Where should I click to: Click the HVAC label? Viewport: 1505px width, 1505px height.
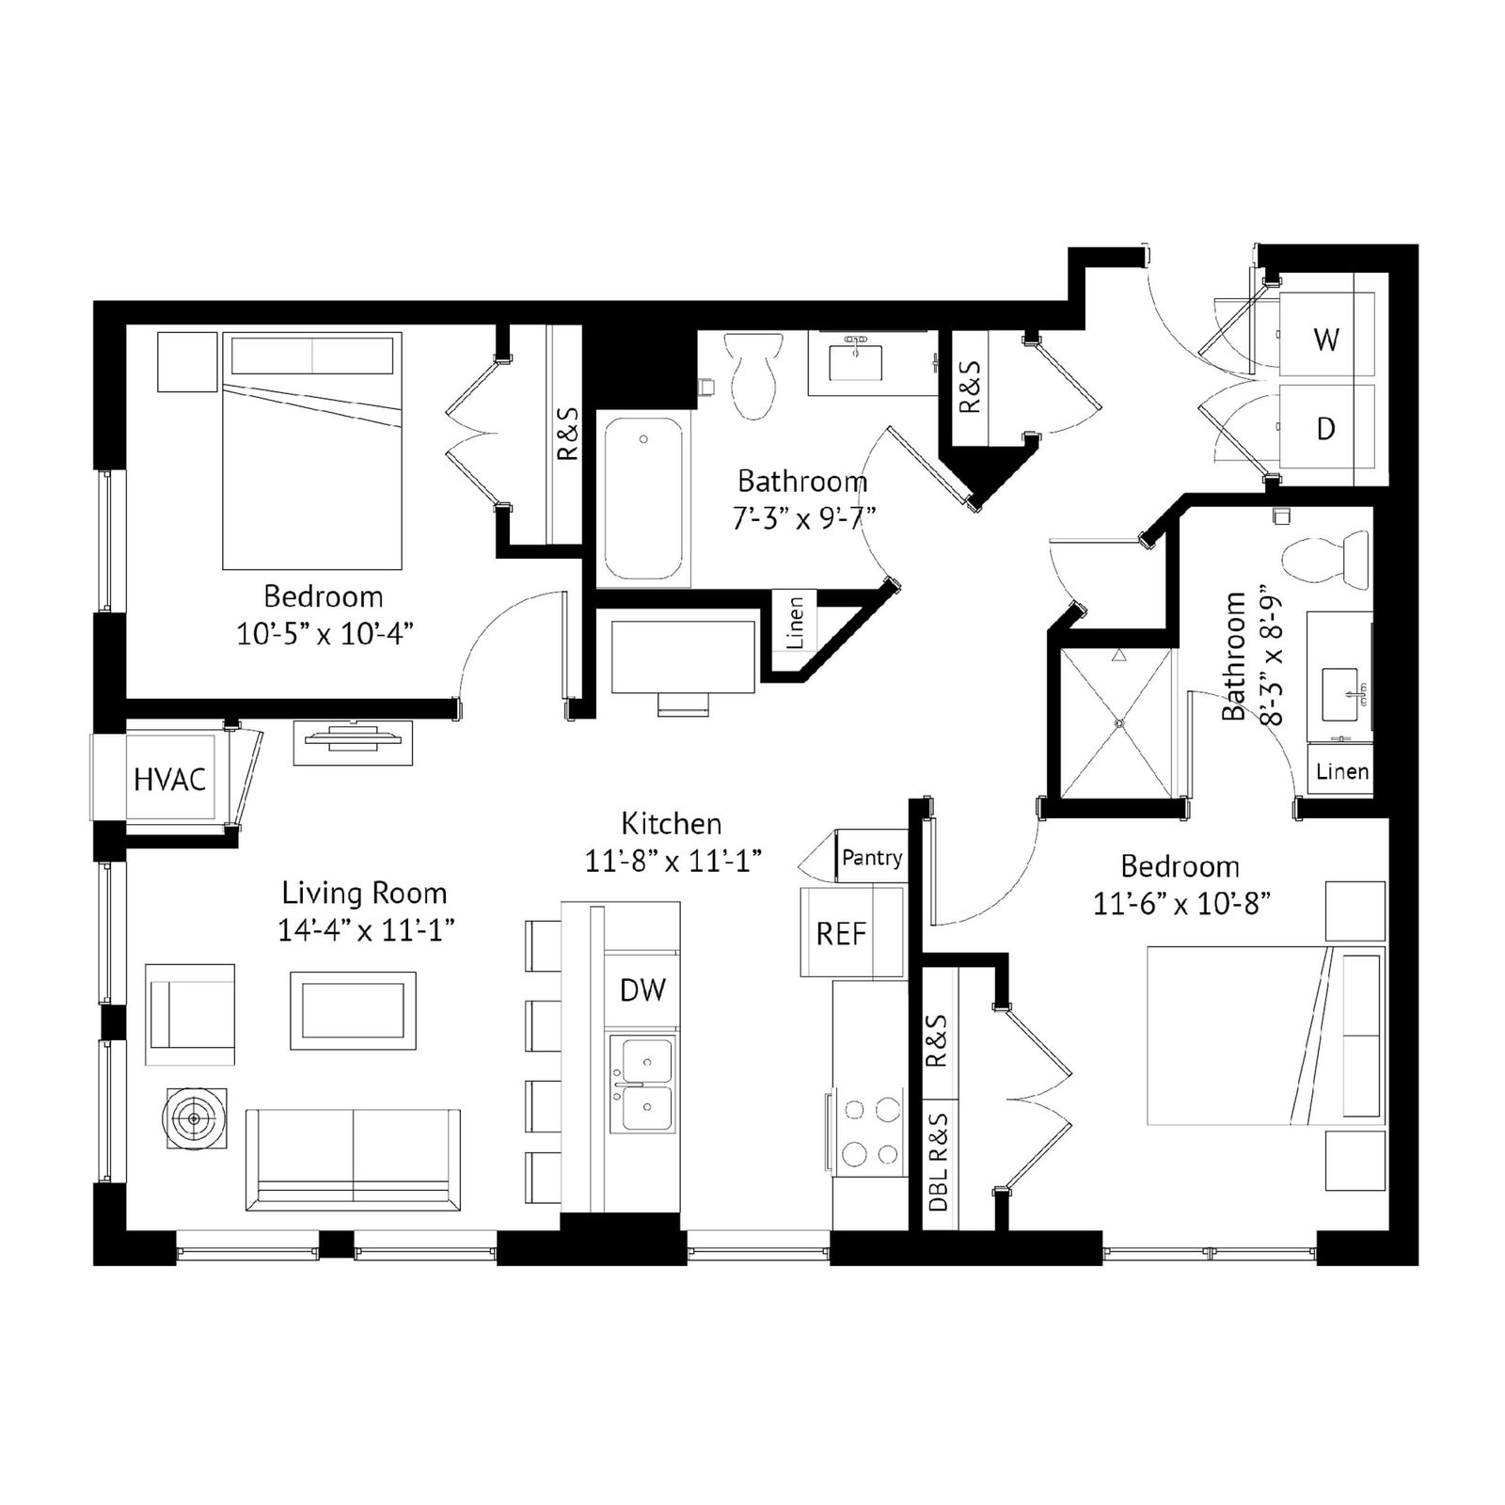[x=169, y=780]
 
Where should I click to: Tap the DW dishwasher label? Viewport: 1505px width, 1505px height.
[x=642, y=990]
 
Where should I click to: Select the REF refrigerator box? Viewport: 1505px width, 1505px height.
[x=852, y=932]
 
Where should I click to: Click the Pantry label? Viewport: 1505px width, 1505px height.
[x=872, y=858]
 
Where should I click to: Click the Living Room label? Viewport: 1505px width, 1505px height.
[x=365, y=893]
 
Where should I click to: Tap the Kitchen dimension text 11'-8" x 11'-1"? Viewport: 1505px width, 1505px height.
[x=673, y=861]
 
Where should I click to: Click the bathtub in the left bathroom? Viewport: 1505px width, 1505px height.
[x=643, y=501]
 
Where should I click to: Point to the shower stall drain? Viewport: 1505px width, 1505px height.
[x=1119, y=723]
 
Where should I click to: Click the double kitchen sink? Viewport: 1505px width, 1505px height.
[x=642, y=1085]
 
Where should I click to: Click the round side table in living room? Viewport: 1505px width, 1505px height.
[x=195, y=1118]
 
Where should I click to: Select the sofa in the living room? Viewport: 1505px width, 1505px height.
[x=353, y=1159]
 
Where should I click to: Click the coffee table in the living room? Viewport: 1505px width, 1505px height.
[x=353, y=1011]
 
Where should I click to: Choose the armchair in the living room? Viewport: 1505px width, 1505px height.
[x=190, y=1014]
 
